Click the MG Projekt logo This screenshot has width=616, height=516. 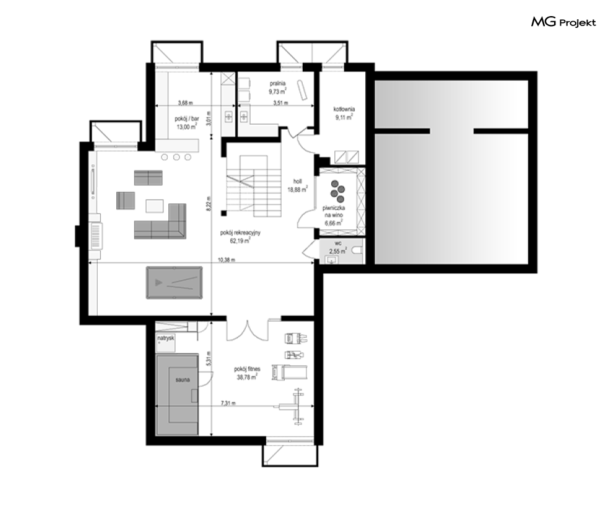pyautogui.click(x=563, y=22)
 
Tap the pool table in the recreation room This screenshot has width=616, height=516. pyautogui.click(x=174, y=282)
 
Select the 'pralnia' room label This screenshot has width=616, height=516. pyautogui.click(x=277, y=83)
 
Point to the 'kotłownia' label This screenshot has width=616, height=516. pyautogui.click(x=344, y=109)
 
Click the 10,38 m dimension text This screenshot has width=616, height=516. pyautogui.click(x=227, y=260)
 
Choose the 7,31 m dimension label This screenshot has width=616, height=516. pyautogui.click(x=228, y=403)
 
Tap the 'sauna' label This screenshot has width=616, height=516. pyautogui.click(x=183, y=380)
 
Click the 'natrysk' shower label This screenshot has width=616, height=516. pyautogui.click(x=165, y=338)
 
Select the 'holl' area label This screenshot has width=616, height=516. pyautogui.click(x=297, y=181)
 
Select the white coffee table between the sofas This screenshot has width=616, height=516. pyautogui.click(x=154, y=206)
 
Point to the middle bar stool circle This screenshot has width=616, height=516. pyautogui.click(x=176, y=157)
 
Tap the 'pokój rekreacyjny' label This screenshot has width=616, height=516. pyautogui.click(x=240, y=233)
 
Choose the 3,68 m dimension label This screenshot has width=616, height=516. pyautogui.click(x=186, y=103)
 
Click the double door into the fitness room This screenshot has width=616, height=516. pyautogui.click(x=248, y=331)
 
